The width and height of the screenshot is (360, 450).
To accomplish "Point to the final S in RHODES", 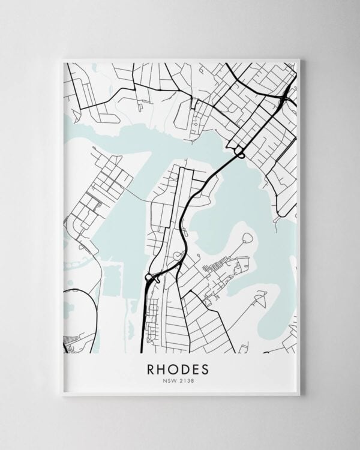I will (208, 367).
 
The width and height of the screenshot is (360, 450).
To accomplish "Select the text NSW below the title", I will (172, 379).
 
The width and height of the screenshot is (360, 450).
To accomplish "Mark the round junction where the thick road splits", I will (149, 277).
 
